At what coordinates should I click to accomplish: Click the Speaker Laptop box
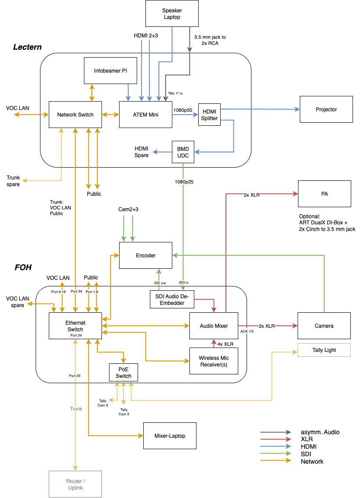(172, 14)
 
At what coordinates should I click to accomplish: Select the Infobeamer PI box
(110, 70)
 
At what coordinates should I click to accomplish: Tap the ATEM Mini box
(145, 115)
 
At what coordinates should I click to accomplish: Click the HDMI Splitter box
(209, 115)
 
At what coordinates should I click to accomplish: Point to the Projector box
(326, 109)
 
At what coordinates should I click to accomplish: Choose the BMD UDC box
(183, 152)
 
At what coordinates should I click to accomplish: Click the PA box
(324, 194)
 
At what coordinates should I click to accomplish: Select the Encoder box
(145, 255)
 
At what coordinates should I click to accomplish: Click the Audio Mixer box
(214, 326)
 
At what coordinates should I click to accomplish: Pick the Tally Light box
(324, 350)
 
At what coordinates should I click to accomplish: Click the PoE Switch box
(124, 373)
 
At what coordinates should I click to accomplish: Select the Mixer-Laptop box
(170, 436)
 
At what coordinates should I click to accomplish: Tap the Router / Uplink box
(75, 484)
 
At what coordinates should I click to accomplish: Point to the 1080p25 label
(183, 181)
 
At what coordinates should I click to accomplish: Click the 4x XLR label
(225, 344)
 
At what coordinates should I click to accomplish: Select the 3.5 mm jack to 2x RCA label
(210, 40)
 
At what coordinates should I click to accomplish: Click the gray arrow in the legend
(276, 432)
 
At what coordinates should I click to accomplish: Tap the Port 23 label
(75, 376)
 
